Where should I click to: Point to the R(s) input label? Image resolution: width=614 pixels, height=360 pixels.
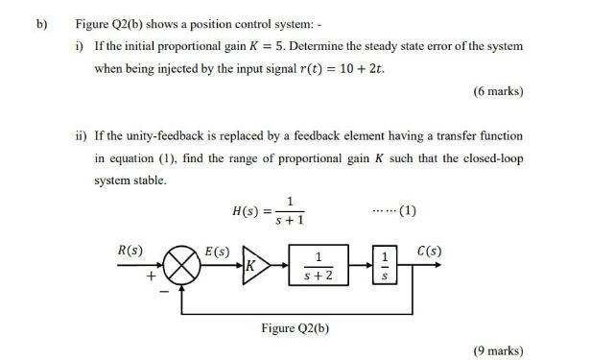[x=130, y=251]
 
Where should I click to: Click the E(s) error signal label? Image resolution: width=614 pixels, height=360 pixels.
[x=218, y=251]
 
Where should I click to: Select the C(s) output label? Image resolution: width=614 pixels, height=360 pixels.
[x=430, y=251]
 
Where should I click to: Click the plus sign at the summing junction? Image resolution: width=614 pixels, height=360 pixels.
[x=151, y=276]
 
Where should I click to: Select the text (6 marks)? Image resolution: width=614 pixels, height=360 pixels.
[x=498, y=91]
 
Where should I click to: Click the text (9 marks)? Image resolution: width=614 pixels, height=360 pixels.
[x=498, y=350]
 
